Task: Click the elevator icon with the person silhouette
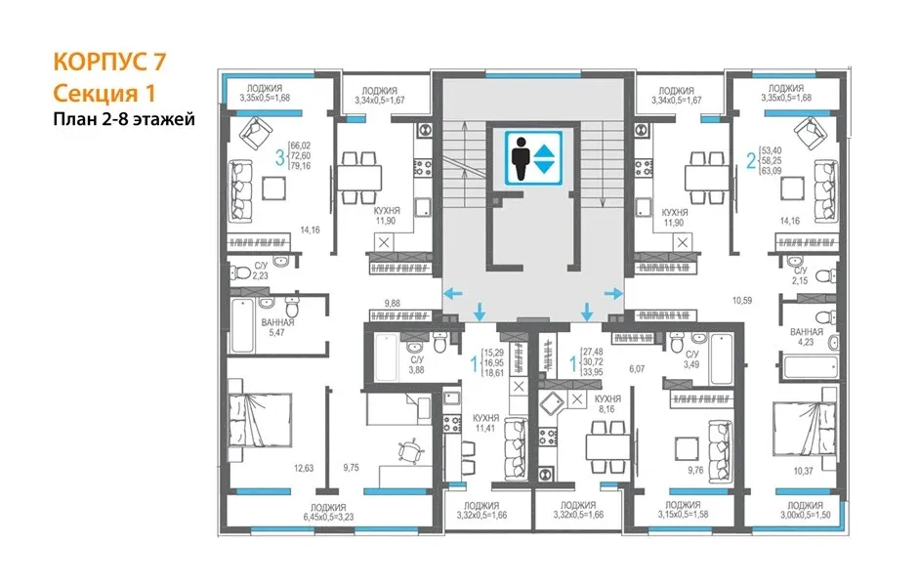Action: [533, 158]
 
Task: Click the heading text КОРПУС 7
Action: [109, 62]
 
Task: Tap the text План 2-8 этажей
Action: [124, 119]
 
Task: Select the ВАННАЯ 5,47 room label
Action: [277, 327]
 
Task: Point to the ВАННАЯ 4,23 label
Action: [806, 337]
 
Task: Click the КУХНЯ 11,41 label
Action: [486, 423]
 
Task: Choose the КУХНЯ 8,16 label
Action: [607, 403]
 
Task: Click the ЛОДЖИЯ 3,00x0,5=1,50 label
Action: [805, 510]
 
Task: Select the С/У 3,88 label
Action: [417, 364]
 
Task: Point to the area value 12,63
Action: [304, 468]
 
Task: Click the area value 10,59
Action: [741, 301]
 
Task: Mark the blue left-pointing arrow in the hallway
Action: [453, 293]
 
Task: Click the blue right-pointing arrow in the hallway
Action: [613, 293]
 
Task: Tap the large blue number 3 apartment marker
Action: [280, 157]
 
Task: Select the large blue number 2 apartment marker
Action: [751, 160]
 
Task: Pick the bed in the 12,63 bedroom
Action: [259, 420]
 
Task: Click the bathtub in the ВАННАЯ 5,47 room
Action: [242, 326]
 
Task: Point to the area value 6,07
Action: [637, 369]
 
